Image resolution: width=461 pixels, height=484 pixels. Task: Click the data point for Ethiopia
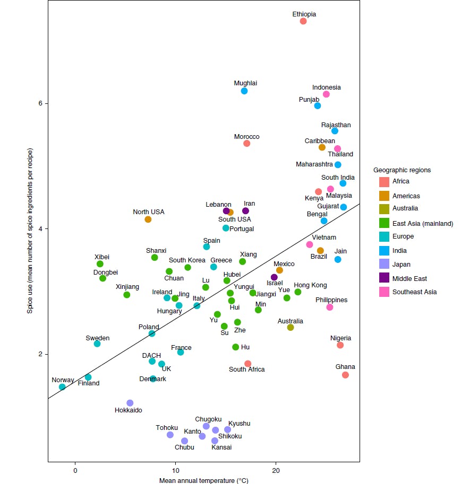coord(303,21)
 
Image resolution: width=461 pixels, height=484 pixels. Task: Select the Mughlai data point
coord(244,91)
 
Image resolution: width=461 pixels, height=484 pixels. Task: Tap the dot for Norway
coord(62,387)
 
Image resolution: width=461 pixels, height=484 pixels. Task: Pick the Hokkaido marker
coord(130,403)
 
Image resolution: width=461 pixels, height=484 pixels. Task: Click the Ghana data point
coord(345,375)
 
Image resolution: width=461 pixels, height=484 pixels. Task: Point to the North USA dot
coord(148,219)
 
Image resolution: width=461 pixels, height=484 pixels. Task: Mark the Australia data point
coord(291,327)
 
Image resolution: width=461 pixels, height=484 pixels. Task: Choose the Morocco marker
coord(246,143)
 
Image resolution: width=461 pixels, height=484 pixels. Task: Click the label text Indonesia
coord(327,87)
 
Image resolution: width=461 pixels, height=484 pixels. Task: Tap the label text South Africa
coord(246,369)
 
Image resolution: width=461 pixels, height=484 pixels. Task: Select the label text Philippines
coord(331,300)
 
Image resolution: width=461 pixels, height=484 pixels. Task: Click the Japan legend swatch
coord(384,265)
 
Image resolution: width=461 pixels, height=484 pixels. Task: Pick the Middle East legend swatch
coord(384,278)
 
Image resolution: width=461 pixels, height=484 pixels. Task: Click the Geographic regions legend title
coord(402,170)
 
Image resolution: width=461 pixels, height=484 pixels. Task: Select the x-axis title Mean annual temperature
coord(204,481)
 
